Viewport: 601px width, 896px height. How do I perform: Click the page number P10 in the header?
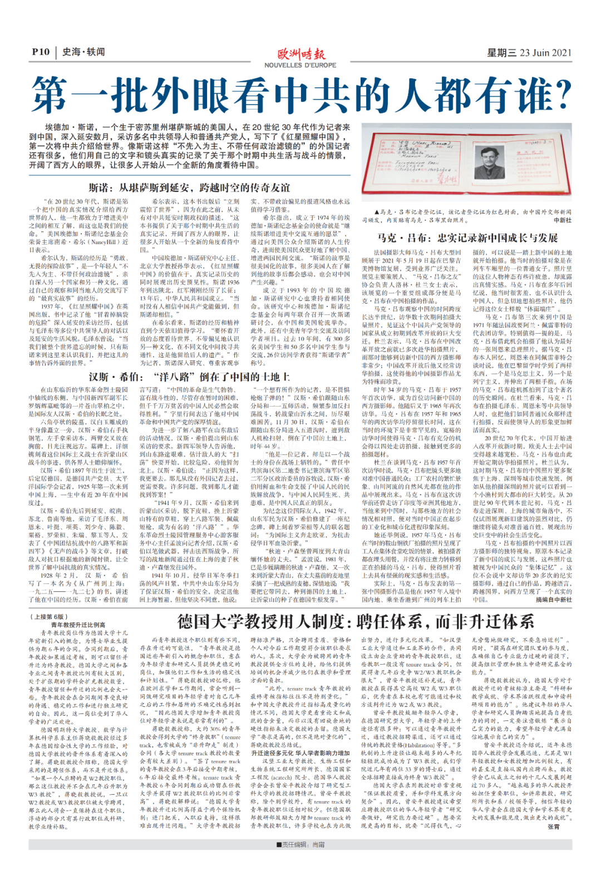pyautogui.click(x=40, y=52)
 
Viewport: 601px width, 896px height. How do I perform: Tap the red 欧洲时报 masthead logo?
pyautogui.click(x=301, y=55)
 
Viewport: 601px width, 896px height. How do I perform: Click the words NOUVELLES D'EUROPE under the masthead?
pyautogui.click(x=300, y=65)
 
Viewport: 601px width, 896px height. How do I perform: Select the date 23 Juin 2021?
pyautogui.click(x=545, y=52)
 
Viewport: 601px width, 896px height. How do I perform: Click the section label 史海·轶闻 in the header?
pyautogui.click(x=83, y=52)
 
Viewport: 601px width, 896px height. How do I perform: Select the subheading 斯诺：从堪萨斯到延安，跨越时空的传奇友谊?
pyautogui.click(x=189, y=187)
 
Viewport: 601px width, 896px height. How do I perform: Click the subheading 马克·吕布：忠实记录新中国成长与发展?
pyautogui.click(x=467, y=237)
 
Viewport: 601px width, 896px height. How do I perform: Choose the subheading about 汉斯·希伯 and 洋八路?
pyautogui.click(x=189, y=377)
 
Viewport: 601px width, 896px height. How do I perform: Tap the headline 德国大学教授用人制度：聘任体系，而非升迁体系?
pyautogui.click(x=356, y=621)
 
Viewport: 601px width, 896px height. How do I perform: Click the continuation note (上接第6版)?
pyautogui.click(x=48, y=617)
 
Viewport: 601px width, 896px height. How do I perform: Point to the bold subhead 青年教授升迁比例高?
pyautogui.click(x=78, y=625)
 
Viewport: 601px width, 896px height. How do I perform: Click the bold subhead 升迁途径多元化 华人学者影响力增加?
pyautogui.click(x=300, y=753)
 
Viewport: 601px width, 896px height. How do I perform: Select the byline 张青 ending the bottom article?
pyautogui.click(x=554, y=827)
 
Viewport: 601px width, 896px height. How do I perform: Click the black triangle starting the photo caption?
pyautogui.click(x=377, y=212)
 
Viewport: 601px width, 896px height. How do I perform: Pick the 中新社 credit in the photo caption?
pyautogui.click(x=563, y=220)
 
